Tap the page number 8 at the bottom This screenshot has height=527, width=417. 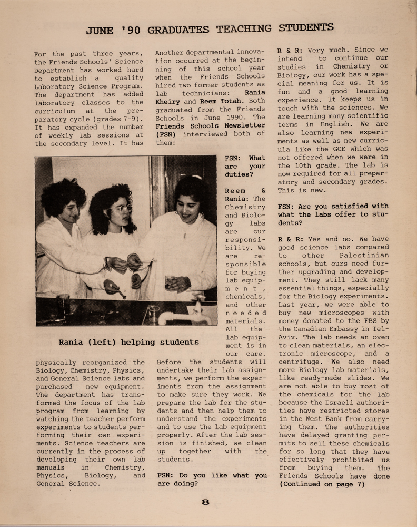pos(205,502)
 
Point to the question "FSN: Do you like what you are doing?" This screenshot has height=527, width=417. pos(212,479)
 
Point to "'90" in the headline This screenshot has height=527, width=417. pos(130,30)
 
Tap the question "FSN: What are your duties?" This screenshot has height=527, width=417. pos(245,165)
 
